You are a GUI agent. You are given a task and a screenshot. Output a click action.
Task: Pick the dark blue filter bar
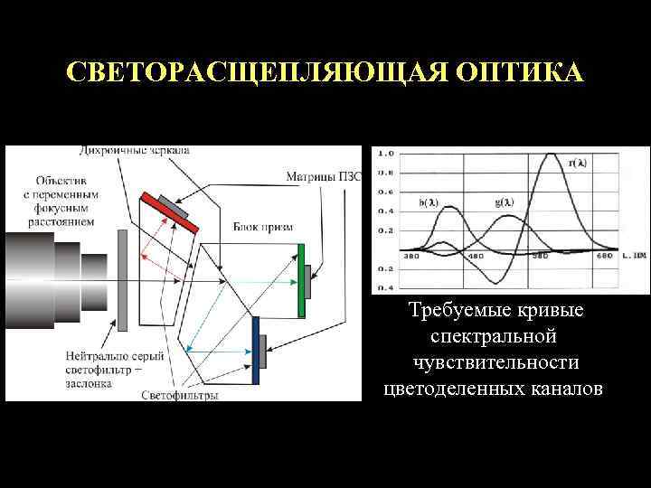pyautogui.click(x=257, y=350)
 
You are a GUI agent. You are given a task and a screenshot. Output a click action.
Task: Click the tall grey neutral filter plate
pyautogui.click(x=121, y=279)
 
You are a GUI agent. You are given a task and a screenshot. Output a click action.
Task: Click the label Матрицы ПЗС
pyautogui.click(x=323, y=175)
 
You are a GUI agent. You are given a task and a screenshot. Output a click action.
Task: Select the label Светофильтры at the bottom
pyautogui.click(x=181, y=394)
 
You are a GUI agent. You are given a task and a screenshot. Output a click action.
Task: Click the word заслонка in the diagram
pyautogui.click(x=89, y=382)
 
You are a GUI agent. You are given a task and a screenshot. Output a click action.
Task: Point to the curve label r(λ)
pyautogui.click(x=577, y=163)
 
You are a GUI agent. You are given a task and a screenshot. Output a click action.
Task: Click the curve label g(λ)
pyautogui.click(x=505, y=202)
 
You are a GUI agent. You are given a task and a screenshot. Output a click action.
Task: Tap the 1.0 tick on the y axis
pyautogui.click(x=385, y=153)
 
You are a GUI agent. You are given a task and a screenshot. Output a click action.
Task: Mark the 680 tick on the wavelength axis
pyautogui.click(x=603, y=257)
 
